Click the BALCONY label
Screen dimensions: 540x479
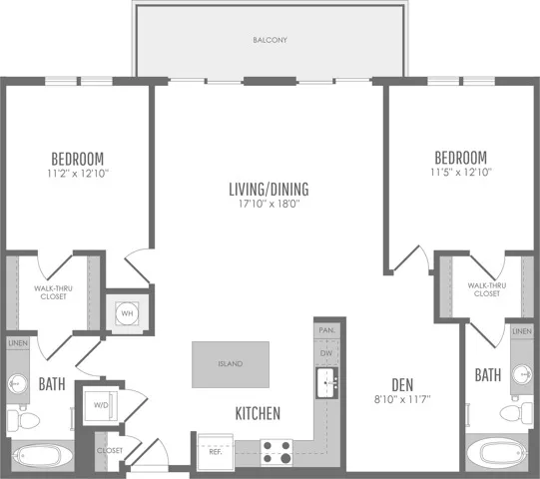[x=270, y=40]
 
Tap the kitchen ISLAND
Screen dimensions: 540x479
[x=231, y=364]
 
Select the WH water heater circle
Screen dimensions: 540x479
[x=127, y=313]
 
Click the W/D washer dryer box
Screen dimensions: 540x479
[x=101, y=405]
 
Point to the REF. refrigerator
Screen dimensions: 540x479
[x=216, y=451]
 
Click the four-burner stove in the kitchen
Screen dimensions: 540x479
[x=276, y=452]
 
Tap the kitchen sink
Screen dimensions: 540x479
[x=326, y=382]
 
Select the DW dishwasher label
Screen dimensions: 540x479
[x=326, y=353]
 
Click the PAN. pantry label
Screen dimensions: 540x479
[x=326, y=330]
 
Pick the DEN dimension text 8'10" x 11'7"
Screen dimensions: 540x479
[x=402, y=399]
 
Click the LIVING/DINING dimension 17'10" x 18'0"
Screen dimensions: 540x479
[x=270, y=204]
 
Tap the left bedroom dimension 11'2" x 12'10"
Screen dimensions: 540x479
[x=78, y=174]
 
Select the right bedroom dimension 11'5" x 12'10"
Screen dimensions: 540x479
[x=461, y=172]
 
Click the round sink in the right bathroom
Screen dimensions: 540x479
[x=521, y=374]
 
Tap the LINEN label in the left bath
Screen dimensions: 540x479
[x=18, y=343]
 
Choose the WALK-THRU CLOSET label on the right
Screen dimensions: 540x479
[x=487, y=289]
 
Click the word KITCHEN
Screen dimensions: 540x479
[x=258, y=413]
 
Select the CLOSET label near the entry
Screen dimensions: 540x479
[x=110, y=450]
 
